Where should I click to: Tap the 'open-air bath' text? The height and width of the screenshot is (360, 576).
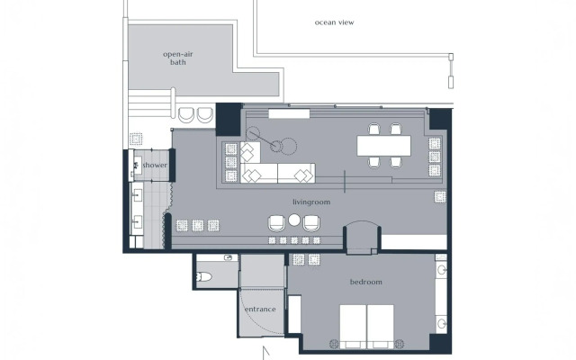point(180,58)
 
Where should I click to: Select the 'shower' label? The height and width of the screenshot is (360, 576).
point(155,166)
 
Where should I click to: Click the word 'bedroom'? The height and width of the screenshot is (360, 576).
point(365,282)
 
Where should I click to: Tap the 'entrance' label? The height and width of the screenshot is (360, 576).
point(261,310)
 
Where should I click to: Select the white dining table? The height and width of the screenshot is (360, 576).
point(384,145)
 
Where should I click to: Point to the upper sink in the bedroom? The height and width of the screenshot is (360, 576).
point(441,269)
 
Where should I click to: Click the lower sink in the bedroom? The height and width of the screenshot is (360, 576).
point(441,321)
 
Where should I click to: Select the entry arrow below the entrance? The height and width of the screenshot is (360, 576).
point(265,352)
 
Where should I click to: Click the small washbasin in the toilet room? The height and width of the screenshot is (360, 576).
point(229,258)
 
